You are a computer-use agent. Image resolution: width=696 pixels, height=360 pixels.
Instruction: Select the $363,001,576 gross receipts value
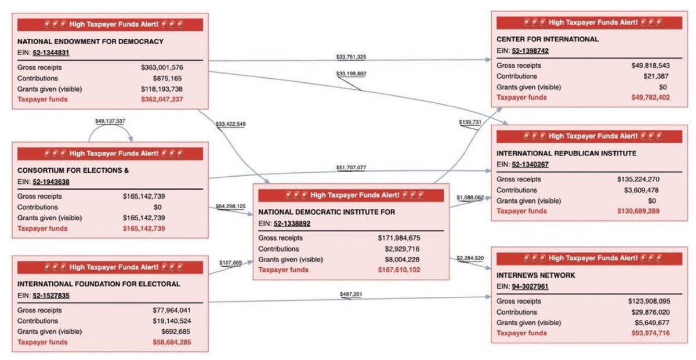[x=162, y=67]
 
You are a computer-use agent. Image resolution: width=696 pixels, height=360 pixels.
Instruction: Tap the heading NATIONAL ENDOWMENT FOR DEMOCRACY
[x=90, y=41]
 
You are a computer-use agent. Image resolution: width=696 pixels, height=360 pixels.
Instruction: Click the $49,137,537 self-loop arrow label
[x=110, y=122]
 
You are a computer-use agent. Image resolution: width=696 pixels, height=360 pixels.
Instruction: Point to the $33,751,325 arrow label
[x=351, y=57]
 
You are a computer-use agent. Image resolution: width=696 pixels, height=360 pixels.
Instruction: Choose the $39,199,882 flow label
[x=351, y=74]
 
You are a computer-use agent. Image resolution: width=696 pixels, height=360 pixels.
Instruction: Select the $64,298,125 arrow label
[x=230, y=206]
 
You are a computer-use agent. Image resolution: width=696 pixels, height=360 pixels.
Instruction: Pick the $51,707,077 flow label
[x=351, y=168]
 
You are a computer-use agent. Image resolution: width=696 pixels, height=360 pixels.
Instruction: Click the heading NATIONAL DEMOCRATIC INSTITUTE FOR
[x=327, y=212]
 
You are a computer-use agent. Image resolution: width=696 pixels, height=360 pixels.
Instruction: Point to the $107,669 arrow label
[x=230, y=263]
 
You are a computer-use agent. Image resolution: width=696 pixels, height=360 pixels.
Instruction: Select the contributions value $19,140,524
[x=170, y=321]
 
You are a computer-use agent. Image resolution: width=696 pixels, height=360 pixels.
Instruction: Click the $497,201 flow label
[x=351, y=294]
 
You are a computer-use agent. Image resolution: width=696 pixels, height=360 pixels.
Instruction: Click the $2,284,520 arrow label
[x=470, y=257]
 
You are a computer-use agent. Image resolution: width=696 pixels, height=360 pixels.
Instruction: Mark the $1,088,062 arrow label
[x=470, y=198]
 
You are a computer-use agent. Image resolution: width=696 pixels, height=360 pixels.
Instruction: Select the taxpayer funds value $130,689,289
[x=638, y=212]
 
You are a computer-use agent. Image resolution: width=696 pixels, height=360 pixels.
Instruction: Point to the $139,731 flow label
[x=470, y=122]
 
